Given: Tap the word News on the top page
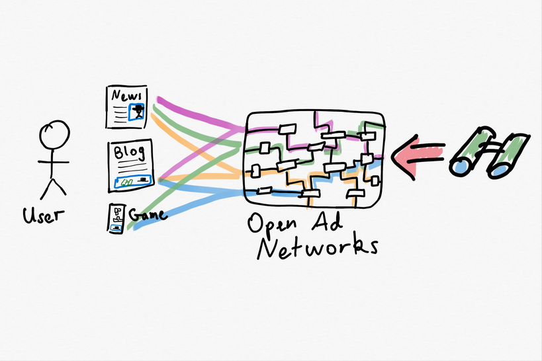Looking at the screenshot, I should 126,96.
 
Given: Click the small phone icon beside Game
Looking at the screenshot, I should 116,218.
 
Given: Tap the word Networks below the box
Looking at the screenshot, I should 318,248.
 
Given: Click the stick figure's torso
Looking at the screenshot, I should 53,165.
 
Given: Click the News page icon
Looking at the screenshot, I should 127,106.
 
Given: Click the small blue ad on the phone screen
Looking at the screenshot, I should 117,227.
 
